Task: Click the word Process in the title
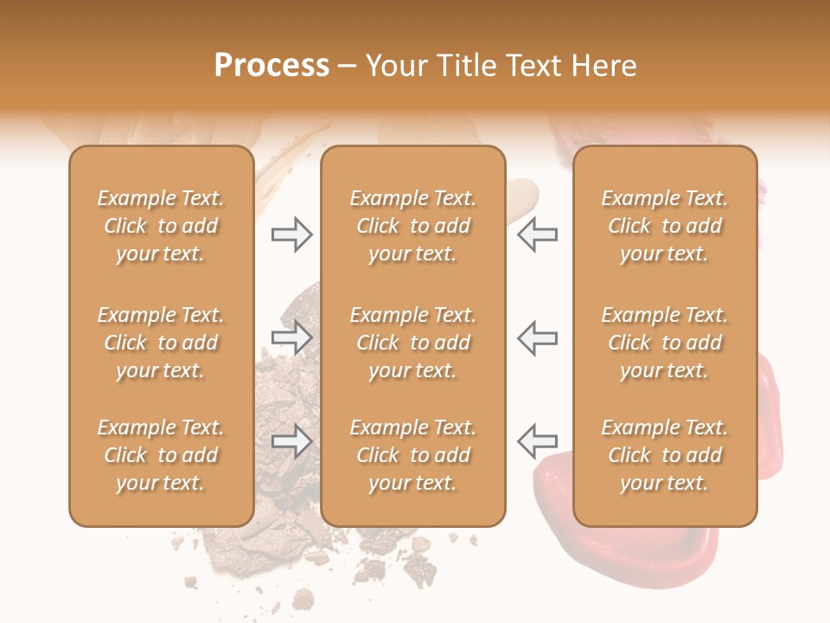point(271,66)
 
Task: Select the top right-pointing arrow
point(291,234)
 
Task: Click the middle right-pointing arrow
point(291,337)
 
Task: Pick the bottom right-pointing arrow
point(291,441)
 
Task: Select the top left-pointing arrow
point(537,234)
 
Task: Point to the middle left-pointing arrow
point(537,337)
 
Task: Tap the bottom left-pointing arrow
point(537,441)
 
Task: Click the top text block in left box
point(161,226)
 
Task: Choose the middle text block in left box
point(161,343)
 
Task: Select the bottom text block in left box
point(161,455)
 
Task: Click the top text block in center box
point(412,226)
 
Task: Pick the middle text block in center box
point(412,343)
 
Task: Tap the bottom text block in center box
point(412,455)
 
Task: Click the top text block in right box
point(664,226)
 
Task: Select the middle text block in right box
point(664,343)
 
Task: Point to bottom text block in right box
point(664,455)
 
